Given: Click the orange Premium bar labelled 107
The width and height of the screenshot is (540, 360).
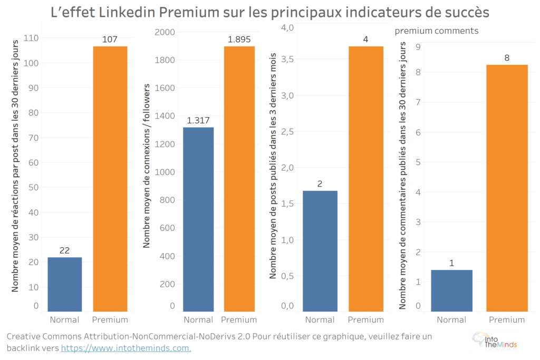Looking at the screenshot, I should point(110,179).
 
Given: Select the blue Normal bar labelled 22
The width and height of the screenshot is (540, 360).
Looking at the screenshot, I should point(64,284).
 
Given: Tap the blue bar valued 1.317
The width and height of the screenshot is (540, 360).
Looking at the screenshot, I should point(198,219).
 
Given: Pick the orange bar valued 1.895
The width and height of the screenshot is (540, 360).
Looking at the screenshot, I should point(239,179).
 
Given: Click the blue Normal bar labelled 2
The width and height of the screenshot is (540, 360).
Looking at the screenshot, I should point(320,251).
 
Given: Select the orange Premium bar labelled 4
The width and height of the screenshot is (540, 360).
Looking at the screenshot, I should point(366,179).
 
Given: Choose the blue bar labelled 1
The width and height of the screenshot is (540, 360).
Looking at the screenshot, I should point(451,290).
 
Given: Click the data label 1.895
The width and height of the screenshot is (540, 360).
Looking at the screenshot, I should point(239,40).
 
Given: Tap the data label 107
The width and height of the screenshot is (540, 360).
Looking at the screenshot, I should point(110,40).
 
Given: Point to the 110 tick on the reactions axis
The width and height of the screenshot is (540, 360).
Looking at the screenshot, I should point(32,38).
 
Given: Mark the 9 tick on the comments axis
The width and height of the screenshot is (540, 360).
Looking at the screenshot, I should point(418,47).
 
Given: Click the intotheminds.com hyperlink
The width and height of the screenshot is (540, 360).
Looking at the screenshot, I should point(126,348).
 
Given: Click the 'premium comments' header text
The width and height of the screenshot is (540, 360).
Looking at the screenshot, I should point(437,31).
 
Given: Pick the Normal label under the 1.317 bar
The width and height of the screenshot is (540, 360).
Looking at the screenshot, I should point(198,319).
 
